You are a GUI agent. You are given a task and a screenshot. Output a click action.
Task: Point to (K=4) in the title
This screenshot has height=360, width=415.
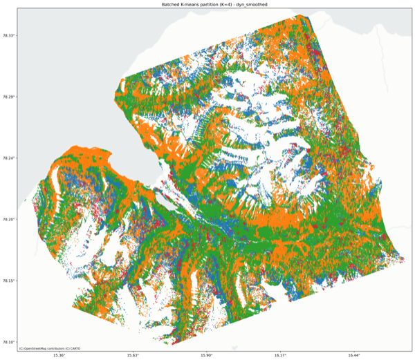pyautogui.click(x=229, y=5)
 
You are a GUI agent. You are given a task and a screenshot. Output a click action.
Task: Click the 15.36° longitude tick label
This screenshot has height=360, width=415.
pyautogui.click(x=59, y=355)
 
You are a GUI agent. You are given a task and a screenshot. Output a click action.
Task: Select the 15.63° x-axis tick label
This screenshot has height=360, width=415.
pyautogui.click(x=133, y=355)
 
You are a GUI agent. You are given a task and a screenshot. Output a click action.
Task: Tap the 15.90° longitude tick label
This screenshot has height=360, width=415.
pyautogui.click(x=207, y=355)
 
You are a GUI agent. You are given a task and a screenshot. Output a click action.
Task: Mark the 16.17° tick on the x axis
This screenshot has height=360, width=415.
pyautogui.click(x=280, y=355)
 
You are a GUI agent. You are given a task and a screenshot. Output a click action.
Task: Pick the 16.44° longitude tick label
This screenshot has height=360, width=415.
pyautogui.click(x=354, y=355)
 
